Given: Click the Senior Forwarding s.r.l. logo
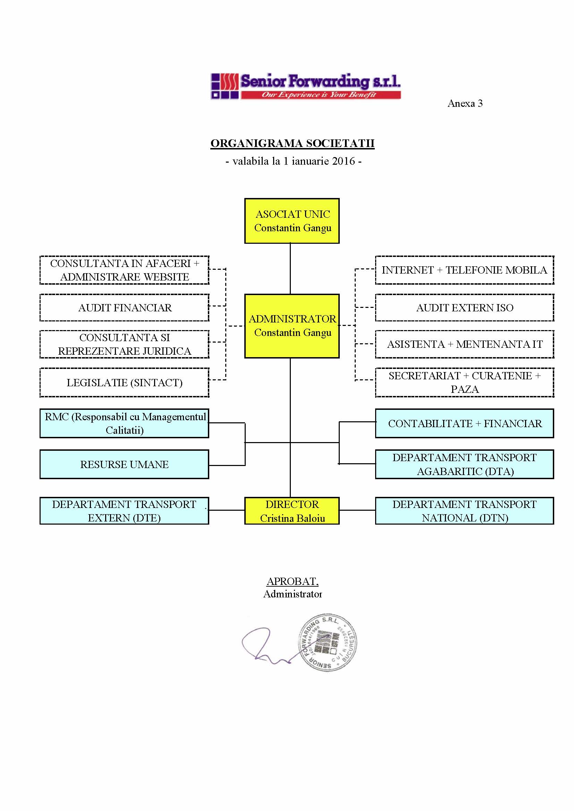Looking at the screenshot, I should point(306,86).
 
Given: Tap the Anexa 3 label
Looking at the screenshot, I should point(465,103).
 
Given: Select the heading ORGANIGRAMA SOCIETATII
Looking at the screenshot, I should point(292,144).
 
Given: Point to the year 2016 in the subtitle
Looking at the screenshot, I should point(344,162).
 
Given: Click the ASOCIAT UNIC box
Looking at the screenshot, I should point(292,221).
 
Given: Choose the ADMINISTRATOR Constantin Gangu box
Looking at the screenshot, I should point(292,326).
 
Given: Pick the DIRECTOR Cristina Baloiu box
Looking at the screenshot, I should point(292,511).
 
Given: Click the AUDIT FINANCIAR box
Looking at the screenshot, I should point(125,308).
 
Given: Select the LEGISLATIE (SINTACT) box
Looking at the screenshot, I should point(125,382).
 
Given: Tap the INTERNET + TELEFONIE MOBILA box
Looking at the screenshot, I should point(464,270).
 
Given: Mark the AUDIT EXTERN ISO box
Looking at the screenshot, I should point(464,308).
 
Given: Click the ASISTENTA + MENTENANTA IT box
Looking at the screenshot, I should point(464,344).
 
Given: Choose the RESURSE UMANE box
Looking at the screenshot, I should point(125,464).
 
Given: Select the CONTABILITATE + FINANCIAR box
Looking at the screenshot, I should point(464,423).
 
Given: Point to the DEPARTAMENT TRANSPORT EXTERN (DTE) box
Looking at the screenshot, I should point(125,511).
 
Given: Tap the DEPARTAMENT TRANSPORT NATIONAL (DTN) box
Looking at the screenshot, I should point(464,511).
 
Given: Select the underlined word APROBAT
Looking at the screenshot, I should point(292,581).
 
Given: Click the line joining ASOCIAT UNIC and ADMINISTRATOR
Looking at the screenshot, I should point(290,268).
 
